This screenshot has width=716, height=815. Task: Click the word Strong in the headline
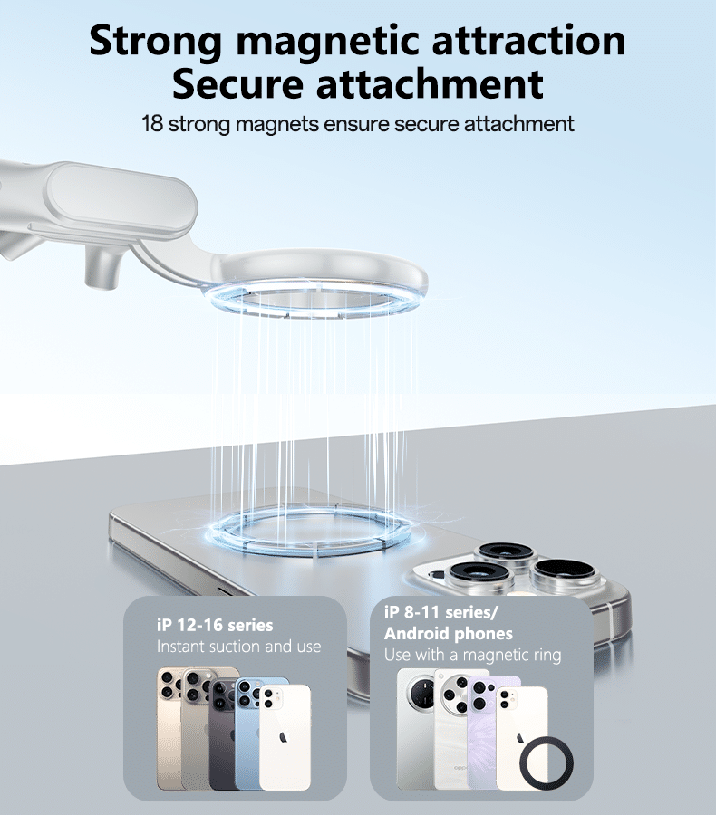pos(156,42)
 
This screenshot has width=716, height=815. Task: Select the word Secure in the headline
pos(237,83)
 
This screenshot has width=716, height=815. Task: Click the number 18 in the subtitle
pos(152,124)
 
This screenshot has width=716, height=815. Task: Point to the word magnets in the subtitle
pos(276,125)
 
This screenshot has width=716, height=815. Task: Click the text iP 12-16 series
pos(215,624)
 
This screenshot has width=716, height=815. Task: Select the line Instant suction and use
pos(239,647)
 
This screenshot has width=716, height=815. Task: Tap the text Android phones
pos(449,634)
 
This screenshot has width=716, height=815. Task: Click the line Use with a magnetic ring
pos(473,655)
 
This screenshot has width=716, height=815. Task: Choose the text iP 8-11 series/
pos(441,613)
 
